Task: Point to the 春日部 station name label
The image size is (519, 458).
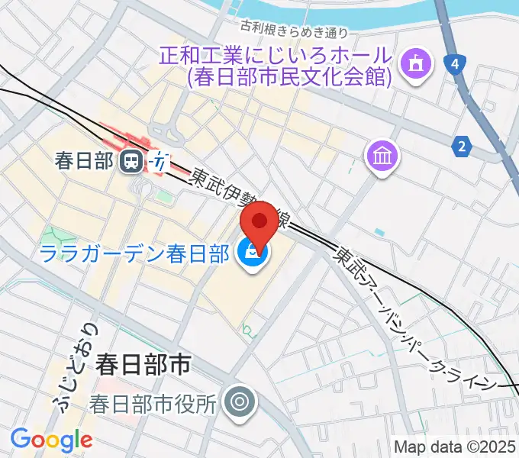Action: (x=85, y=160)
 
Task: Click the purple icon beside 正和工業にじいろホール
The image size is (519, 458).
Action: (x=417, y=61)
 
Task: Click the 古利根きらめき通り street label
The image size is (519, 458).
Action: (x=294, y=31)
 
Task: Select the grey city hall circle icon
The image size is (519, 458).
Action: (x=241, y=402)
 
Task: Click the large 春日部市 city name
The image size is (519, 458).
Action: (x=143, y=364)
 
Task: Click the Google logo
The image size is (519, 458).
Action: (x=51, y=440)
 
